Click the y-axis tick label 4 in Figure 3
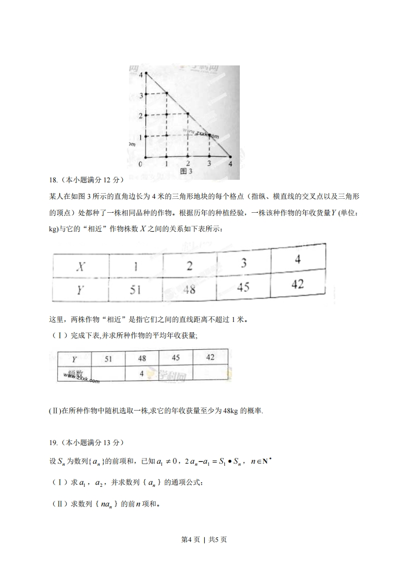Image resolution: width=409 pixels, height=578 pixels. pos(140,75)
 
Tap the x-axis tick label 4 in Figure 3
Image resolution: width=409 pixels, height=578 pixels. pos(230,164)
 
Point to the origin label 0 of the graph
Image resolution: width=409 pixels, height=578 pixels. pos(140,164)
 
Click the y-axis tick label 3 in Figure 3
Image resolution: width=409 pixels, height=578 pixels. pos(140,95)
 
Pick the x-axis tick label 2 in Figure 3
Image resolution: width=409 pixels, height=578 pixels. pos(188,164)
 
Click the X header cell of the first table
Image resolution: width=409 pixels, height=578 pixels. pos(80,267)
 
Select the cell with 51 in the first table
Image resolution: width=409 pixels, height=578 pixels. pos(135,290)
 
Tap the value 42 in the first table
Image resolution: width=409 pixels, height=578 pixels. pos(298,284)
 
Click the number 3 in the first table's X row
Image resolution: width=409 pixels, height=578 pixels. pos(243,263)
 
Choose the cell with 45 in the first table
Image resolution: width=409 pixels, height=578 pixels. pos(243,286)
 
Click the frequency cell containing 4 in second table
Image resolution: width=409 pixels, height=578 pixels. pos(141,373)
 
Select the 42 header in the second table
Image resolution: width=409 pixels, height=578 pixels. pos(210,357)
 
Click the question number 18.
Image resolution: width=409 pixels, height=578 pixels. pos(53,180)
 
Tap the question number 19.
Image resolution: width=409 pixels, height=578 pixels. pos(53,443)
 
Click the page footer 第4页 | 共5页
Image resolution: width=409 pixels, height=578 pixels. pos(204,539)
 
